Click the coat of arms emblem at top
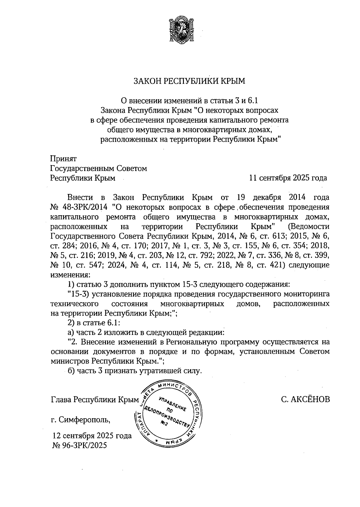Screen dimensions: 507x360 tap(180, 30)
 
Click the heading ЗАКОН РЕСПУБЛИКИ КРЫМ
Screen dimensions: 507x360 tap(189, 81)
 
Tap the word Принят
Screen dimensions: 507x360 tap(64, 159)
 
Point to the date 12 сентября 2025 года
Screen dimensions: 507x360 tap(92, 436)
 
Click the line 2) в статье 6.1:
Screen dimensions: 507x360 tap(94, 323)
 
